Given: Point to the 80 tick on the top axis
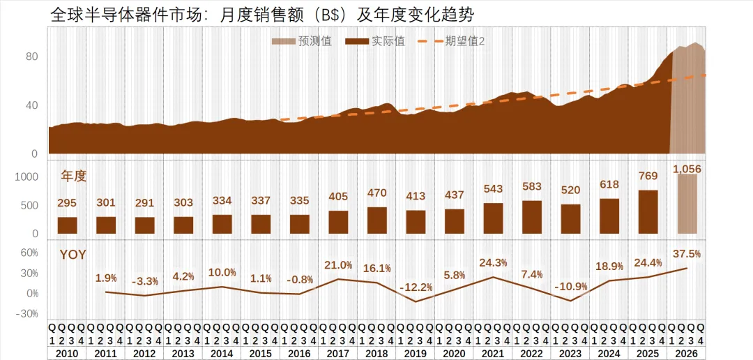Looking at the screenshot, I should click(32, 57).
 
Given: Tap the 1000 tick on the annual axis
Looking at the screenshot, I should click(26, 177).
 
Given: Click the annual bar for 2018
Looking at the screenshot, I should click(377, 220).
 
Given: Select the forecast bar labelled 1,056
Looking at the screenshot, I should click(687, 204).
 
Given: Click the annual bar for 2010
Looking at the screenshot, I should click(68, 225).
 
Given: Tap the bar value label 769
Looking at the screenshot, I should click(648, 176).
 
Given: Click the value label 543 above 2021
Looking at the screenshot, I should click(493, 188).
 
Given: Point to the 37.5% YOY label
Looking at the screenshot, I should click(687, 253).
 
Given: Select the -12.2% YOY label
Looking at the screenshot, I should click(416, 287).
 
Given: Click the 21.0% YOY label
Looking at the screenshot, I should click(339, 265).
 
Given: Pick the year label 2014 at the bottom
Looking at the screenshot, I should click(222, 354).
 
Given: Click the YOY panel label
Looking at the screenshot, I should click(73, 255).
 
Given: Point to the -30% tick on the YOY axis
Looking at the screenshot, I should click(28, 314).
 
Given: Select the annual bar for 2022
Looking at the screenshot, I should click(532, 217).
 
